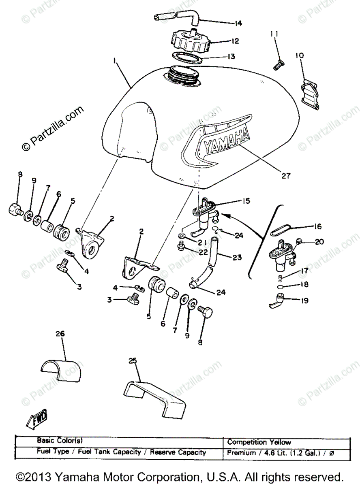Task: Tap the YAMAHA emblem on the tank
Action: pos(226,141)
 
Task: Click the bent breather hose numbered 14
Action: pos(177,18)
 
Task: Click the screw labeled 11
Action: pos(278,64)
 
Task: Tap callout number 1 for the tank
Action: pos(115,60)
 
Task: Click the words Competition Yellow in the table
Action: pos(259,442)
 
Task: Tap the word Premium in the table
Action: pos(241,453)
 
